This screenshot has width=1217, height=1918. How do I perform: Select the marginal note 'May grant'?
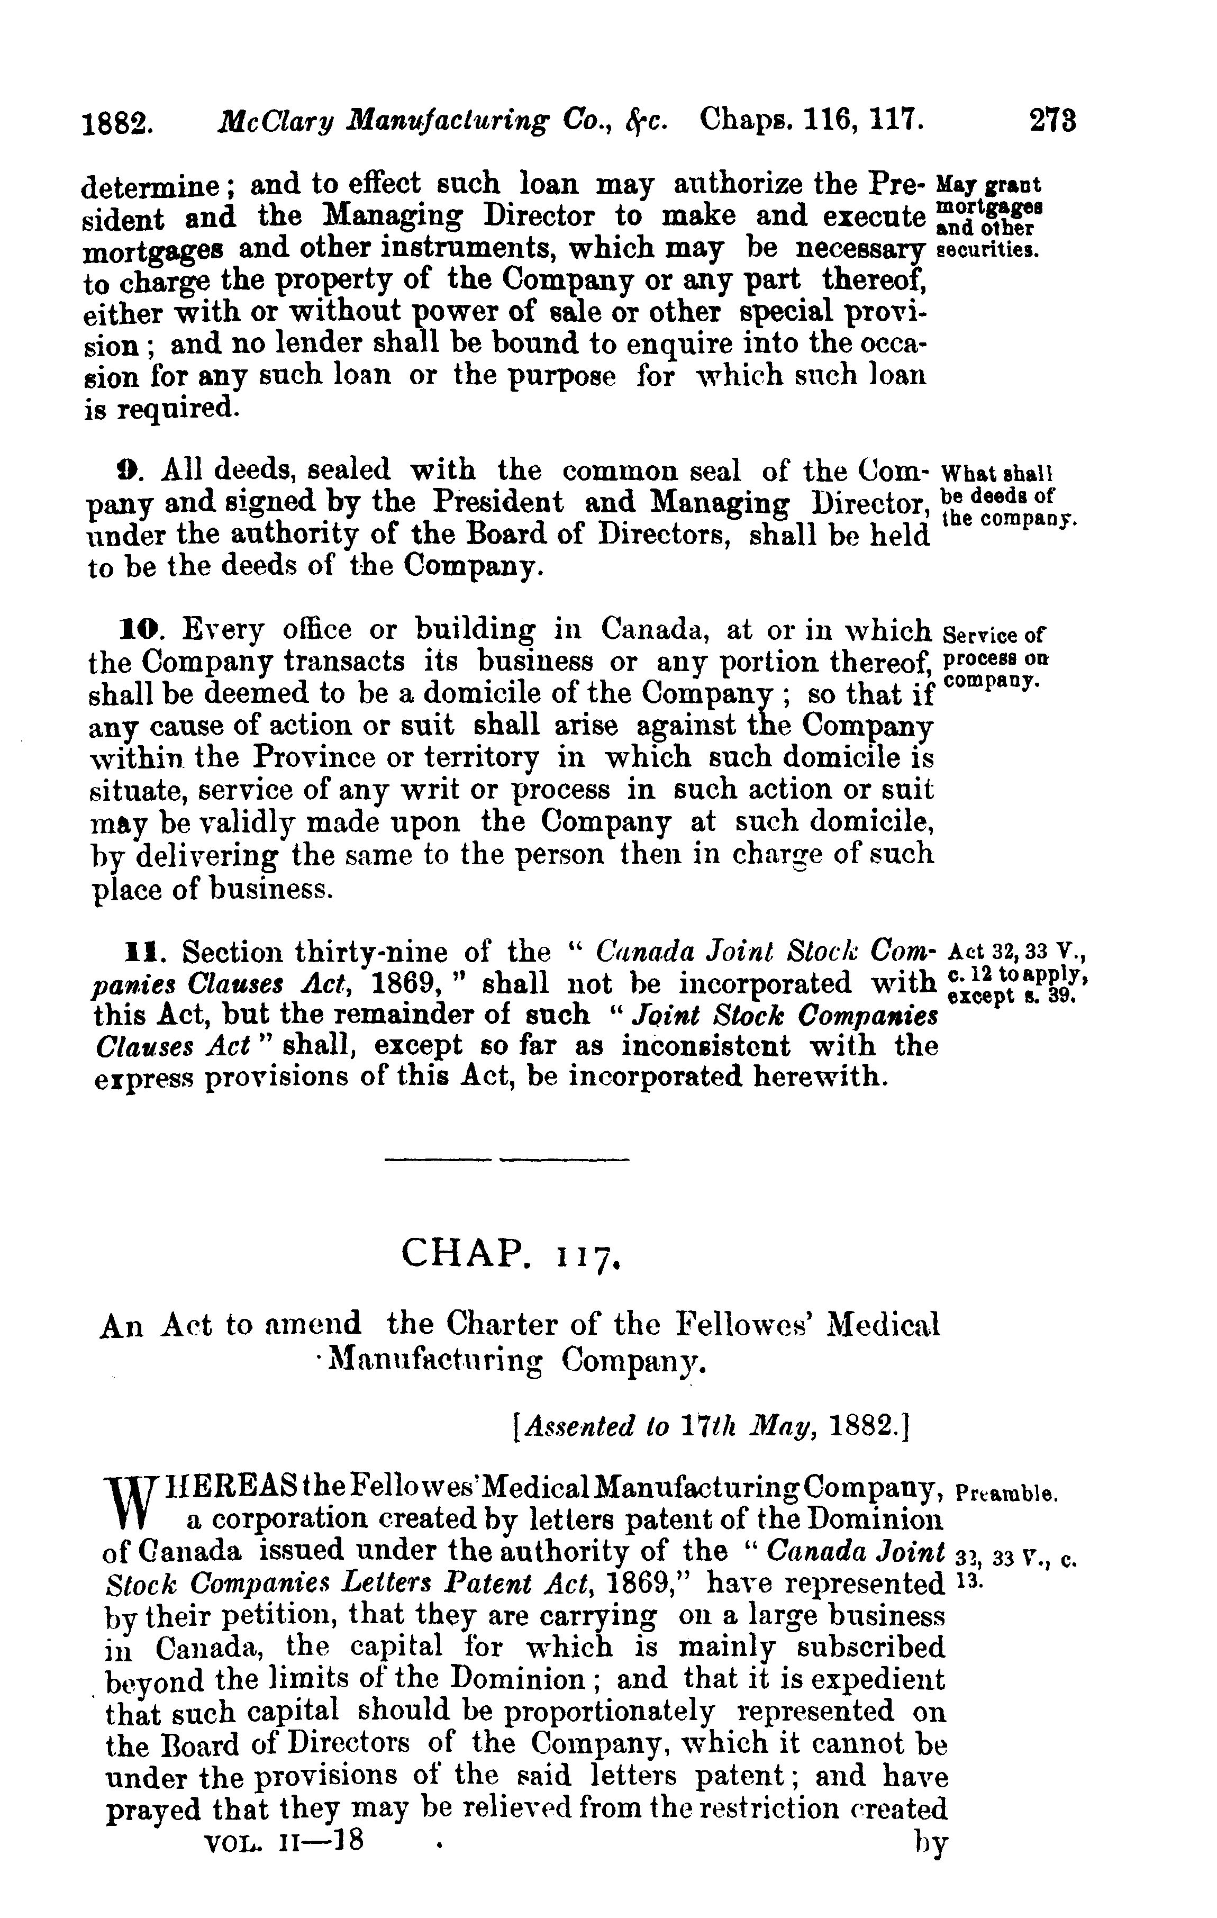(x=989, y=185)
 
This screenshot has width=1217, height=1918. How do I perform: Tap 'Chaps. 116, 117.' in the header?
(x=812, y=121)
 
